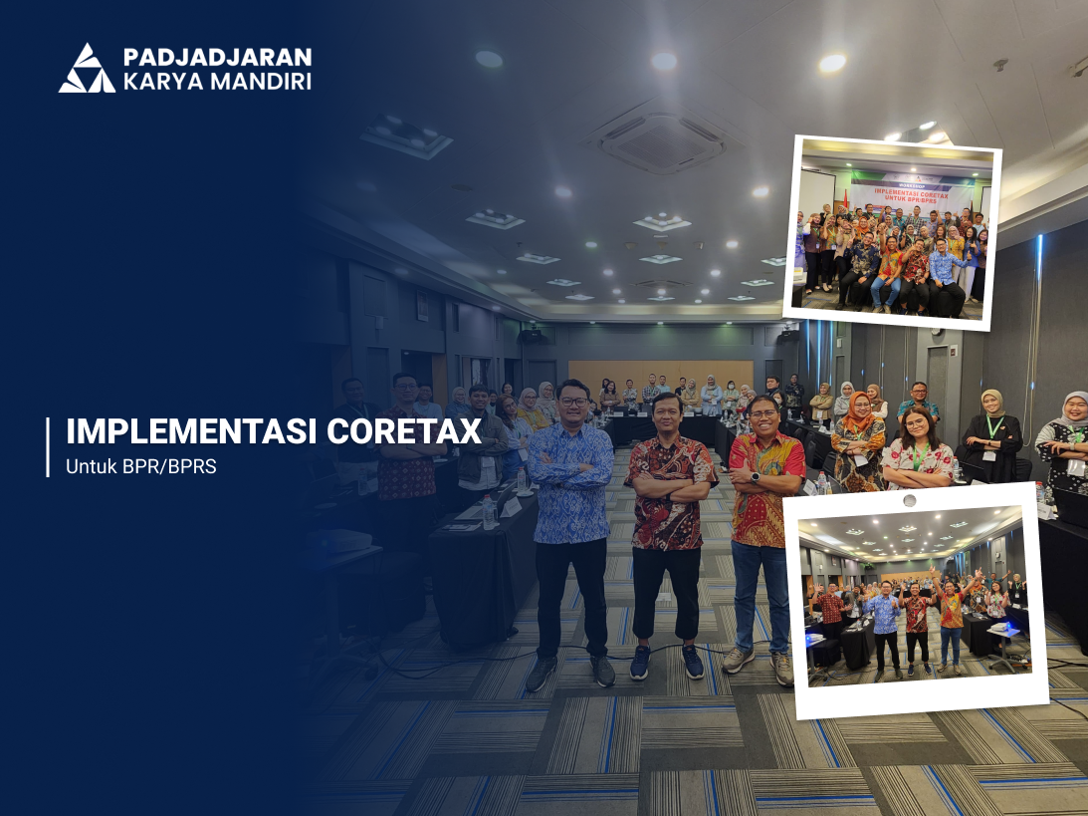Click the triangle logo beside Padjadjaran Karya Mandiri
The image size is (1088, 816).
point(87,69)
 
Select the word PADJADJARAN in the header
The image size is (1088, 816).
point(217,57)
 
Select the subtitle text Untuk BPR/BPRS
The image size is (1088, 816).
point(140,466)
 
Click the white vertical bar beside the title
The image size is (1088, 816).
point(48,447)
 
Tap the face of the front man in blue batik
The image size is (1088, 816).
point(574,402)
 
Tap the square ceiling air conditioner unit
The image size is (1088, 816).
point(663,141)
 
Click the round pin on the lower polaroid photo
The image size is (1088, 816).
point(908,499)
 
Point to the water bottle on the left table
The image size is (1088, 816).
point(488,512)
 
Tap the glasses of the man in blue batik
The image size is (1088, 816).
point(574,401)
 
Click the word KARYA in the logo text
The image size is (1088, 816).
point(158,82)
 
